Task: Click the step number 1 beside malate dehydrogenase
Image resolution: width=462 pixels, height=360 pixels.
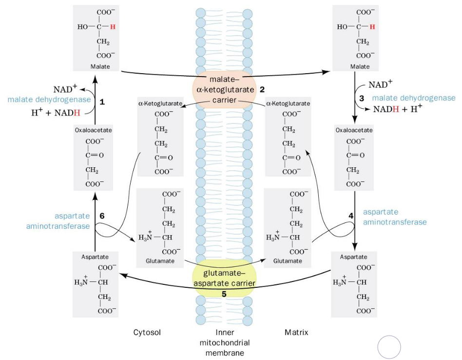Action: pyautogui.click(x=102, y=102)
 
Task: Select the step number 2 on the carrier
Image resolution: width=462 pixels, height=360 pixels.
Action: pyautogui.click(x=262, y=89)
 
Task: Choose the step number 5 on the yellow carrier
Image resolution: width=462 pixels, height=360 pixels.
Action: pyautogui.click(x=224, y=294)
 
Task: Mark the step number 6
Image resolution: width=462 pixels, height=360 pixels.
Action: pyautogui.click(x=102, y=215)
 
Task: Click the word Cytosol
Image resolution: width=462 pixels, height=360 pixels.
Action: pyautogui.click(x=147, y=333)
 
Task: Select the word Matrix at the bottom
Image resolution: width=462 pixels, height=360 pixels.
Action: pyautogui.click(x=296, y=333)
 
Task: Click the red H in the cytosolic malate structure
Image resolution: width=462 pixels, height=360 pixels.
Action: pyautogui.click(x=113, y=26)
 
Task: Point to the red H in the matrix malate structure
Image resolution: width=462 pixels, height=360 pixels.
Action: pyautogui.click(x=372, y=26)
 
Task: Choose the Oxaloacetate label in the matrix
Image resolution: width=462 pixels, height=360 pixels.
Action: pyautogui.click(x=354, y=130)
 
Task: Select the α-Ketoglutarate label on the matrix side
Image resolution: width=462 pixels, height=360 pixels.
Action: pyautogui.click(x=288, y=103)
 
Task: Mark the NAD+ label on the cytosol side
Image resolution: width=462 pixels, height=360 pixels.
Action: pyautogui.click(x=64, y=89)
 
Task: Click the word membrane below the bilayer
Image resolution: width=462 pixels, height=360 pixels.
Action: pyautogui.click(x=222, y=353)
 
